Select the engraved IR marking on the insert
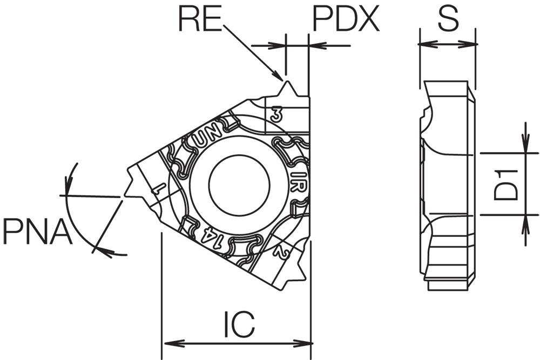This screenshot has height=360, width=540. [298, 182]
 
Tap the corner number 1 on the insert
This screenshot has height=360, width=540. [158, 189]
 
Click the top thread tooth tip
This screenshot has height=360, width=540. [286, 81]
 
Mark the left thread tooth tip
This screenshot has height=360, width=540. [124, 196]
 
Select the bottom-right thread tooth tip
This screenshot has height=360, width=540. [306, 277]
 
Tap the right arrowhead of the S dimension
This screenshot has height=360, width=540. [468, 44]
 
